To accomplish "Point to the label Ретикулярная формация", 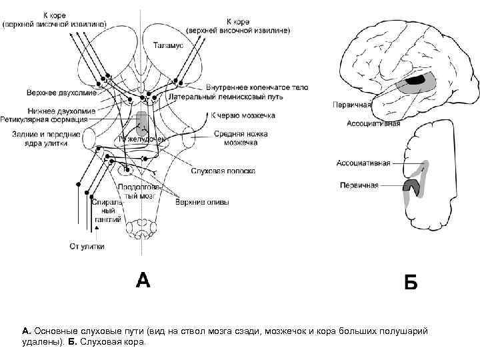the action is tap(49, 120).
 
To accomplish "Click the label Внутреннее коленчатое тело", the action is tap(257, 87).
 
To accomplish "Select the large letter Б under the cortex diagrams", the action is tap(411, 283).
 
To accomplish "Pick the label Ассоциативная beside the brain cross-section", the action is tap(363, 163).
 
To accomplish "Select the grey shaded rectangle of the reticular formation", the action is tap(141, 123).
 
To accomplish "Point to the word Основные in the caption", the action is tap(58, 331).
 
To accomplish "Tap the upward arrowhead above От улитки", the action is tap(99, 229).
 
